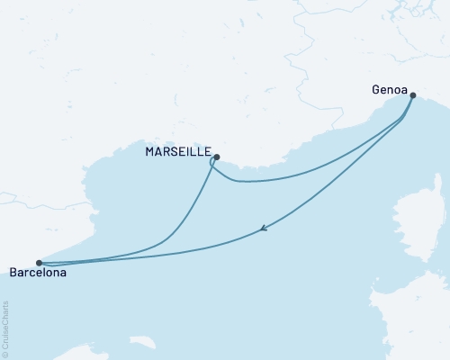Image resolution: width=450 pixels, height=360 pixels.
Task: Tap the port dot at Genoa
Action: click(412, 94)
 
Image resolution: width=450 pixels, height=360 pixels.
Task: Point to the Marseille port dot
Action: click(217, 156)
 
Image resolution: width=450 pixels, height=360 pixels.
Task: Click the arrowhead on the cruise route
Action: click(262, 229)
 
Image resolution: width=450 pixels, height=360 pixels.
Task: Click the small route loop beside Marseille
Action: click(212, 163)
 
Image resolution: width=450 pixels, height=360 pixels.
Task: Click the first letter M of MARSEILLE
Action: click(150, 152)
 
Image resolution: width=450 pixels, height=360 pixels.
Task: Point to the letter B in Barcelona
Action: click(12, 272)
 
